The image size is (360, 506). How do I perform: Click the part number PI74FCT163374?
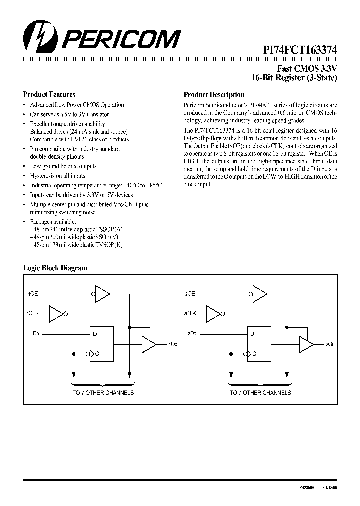pos(300,50)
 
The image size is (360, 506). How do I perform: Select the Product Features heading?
pos(49,94)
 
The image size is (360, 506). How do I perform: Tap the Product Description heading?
pos(214,95)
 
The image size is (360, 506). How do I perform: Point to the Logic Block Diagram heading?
pos(55,268)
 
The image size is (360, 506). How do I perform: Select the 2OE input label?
pos(190,294)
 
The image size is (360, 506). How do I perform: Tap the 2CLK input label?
pos(190,314)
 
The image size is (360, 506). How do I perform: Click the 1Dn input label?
pos(35,333)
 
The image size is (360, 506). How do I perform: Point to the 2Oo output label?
pos(330,344)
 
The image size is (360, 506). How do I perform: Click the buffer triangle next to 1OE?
pos(102,294)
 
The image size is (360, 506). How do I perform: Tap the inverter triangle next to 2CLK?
pos(214,314)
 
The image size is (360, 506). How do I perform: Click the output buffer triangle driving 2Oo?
pos(306,344)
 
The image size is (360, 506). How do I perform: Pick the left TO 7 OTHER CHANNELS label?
pos(103,393)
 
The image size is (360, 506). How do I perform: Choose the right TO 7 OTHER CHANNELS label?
pos(260,393)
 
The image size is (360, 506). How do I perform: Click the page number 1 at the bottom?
pos(179,490)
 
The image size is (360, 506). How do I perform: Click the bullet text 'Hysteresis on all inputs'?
pos(57,176)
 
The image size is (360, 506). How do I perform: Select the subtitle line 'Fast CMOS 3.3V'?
pos(307,69)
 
